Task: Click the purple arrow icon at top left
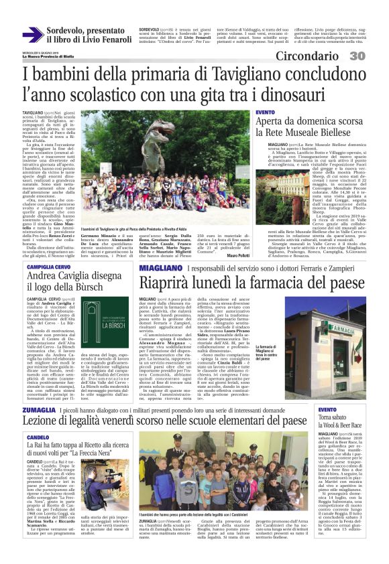[x=32, y=35]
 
